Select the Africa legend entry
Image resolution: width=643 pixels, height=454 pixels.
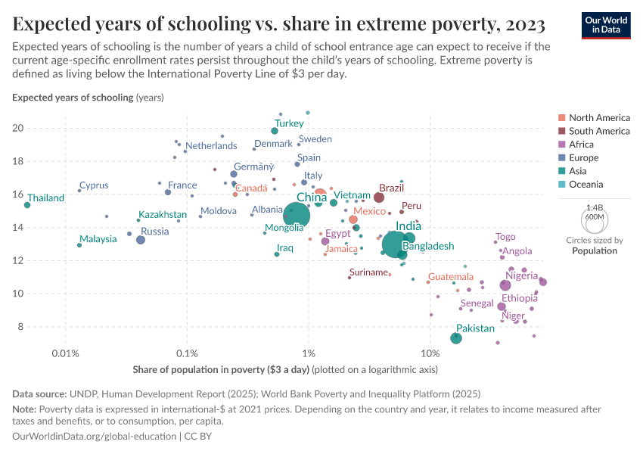pos(592,145)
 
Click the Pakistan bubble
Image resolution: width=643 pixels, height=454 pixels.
pos(456,338)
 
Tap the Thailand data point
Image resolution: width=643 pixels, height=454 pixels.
pos(27,205)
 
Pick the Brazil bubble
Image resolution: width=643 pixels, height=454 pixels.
pos(379,197)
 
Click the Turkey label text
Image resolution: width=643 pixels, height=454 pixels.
pos(289,123)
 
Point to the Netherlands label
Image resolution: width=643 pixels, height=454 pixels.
pos(211,145)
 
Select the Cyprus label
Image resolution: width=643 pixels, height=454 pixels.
pos(94,185)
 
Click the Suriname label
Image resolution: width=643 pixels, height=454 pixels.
pos(369,272)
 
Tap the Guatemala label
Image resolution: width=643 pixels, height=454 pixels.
pos(451,277)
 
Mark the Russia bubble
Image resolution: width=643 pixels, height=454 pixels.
pos(141,240)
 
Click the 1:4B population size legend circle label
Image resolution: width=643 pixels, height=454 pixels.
pos(595,207)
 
